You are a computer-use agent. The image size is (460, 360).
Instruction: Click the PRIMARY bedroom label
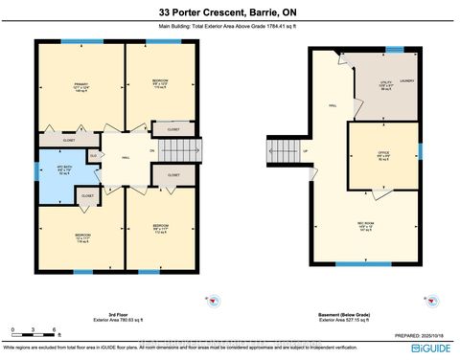[x=80, y=87]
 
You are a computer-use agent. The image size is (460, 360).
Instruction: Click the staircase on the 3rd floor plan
[x=179, y=152]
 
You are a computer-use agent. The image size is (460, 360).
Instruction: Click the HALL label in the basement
[x=333, y=106]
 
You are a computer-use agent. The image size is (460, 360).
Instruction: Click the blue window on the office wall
[x=419, y=151]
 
